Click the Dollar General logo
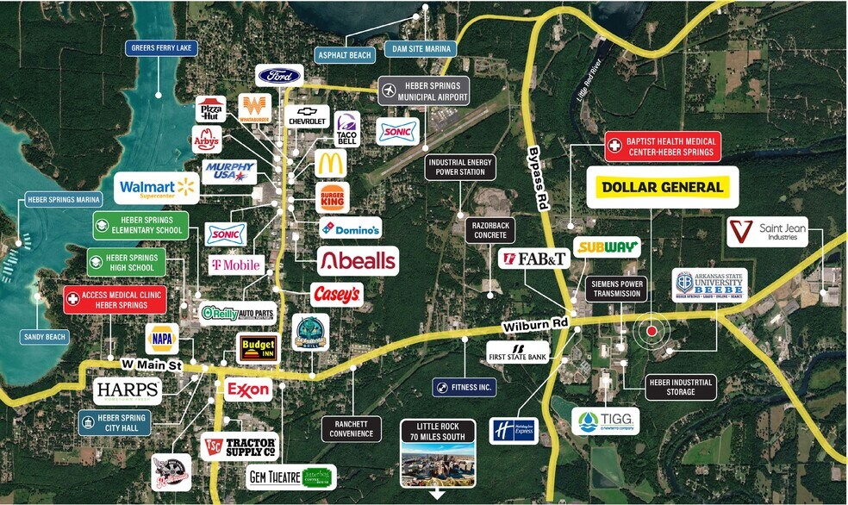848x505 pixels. coord(663,187)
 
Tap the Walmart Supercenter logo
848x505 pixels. coord(157,187)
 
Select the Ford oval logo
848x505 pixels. coord(279,76)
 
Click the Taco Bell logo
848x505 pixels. coord(346,128)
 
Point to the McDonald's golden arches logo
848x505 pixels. coord(330,163)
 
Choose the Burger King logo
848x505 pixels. coord(332,197)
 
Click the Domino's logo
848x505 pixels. coord(351,228)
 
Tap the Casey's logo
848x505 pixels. coord(336,295)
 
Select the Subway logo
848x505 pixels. coord(607,247)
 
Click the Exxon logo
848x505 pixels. coord(247,390)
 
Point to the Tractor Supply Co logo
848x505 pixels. coord(240,446)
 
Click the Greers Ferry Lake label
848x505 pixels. coord(160,48)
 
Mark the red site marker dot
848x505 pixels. coord(652,330)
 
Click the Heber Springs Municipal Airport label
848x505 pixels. coord(424,90)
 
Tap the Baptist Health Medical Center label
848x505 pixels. coord(663,146)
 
